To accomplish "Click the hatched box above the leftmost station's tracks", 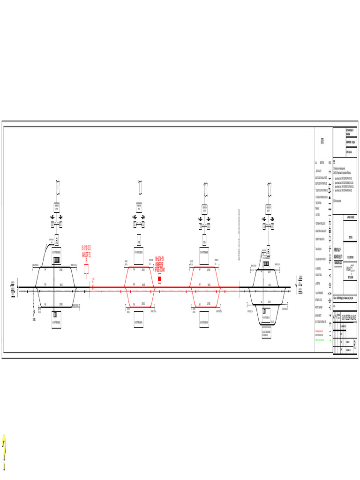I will (57, 260).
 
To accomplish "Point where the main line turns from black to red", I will (90, 287).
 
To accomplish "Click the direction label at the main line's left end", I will (11, 284).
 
